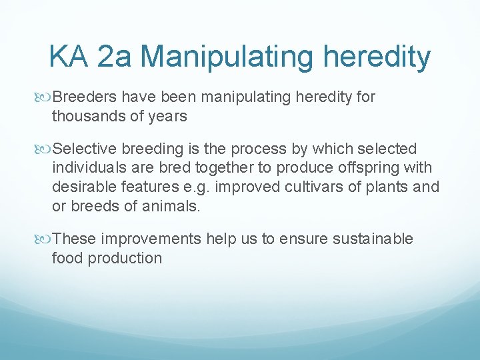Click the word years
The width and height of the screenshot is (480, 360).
168,116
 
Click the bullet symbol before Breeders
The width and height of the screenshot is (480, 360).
45,97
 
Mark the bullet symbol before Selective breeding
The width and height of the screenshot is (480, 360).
45,149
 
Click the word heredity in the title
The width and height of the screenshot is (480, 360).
377,58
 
